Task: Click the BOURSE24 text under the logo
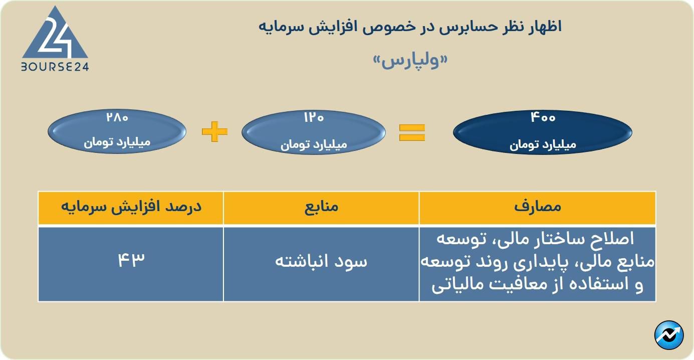click(55, 67)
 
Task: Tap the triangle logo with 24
click(55, 34)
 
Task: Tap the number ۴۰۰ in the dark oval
click(543, 118)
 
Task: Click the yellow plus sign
click(214, 132)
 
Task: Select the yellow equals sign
click(412, 132)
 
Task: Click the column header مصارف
click(538, 208)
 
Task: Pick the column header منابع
click(321, 208)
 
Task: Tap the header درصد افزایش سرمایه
click(131, 208)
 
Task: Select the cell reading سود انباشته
click(321, 262)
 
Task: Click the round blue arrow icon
click(669, 335)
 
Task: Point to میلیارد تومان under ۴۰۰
click(543, 144)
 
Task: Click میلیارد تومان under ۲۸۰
click(117, 142)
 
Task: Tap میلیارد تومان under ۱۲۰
click(314, 144)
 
